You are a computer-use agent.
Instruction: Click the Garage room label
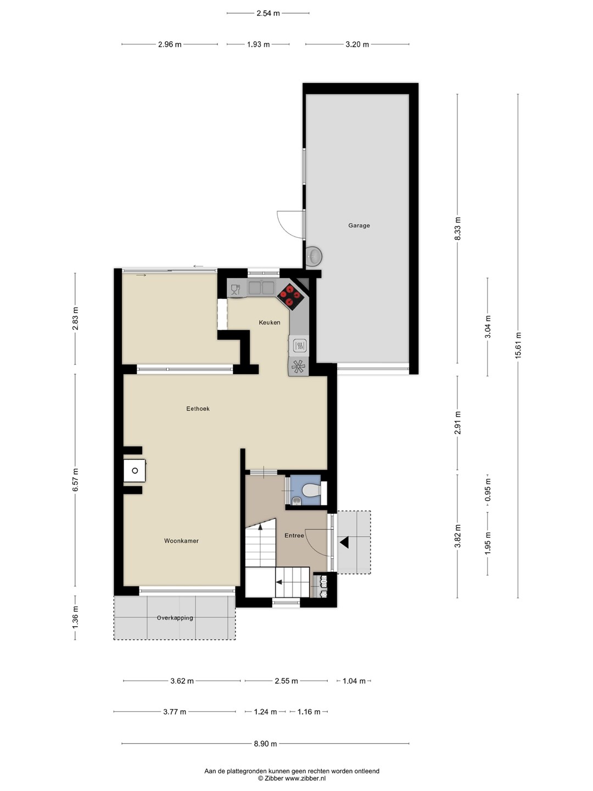coord(359,226)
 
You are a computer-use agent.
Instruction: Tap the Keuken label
coord(269,322)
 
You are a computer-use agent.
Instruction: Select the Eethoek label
coord(198,409)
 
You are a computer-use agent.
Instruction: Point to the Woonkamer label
coord(181,541)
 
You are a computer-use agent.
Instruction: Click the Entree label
coord(294,536)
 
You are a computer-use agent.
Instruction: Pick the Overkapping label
coord(175,617)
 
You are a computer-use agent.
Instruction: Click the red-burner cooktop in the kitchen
coord(290,296)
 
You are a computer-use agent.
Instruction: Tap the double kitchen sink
coord(262,288)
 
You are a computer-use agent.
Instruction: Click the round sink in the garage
coord(314,256)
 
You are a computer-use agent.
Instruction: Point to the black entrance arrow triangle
coord(344,542)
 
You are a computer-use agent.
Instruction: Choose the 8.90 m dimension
coord(265,743)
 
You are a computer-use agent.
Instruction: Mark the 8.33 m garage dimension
coord(457,229)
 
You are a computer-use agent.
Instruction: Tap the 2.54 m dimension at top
coord(268,13)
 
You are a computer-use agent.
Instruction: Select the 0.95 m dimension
coord(488,489)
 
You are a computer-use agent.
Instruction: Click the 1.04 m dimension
coord(354,681)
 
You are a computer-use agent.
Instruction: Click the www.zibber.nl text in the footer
coord(305,778)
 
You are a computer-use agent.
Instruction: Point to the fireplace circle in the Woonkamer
coord(135,471)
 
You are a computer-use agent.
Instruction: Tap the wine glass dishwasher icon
coord(236,289)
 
